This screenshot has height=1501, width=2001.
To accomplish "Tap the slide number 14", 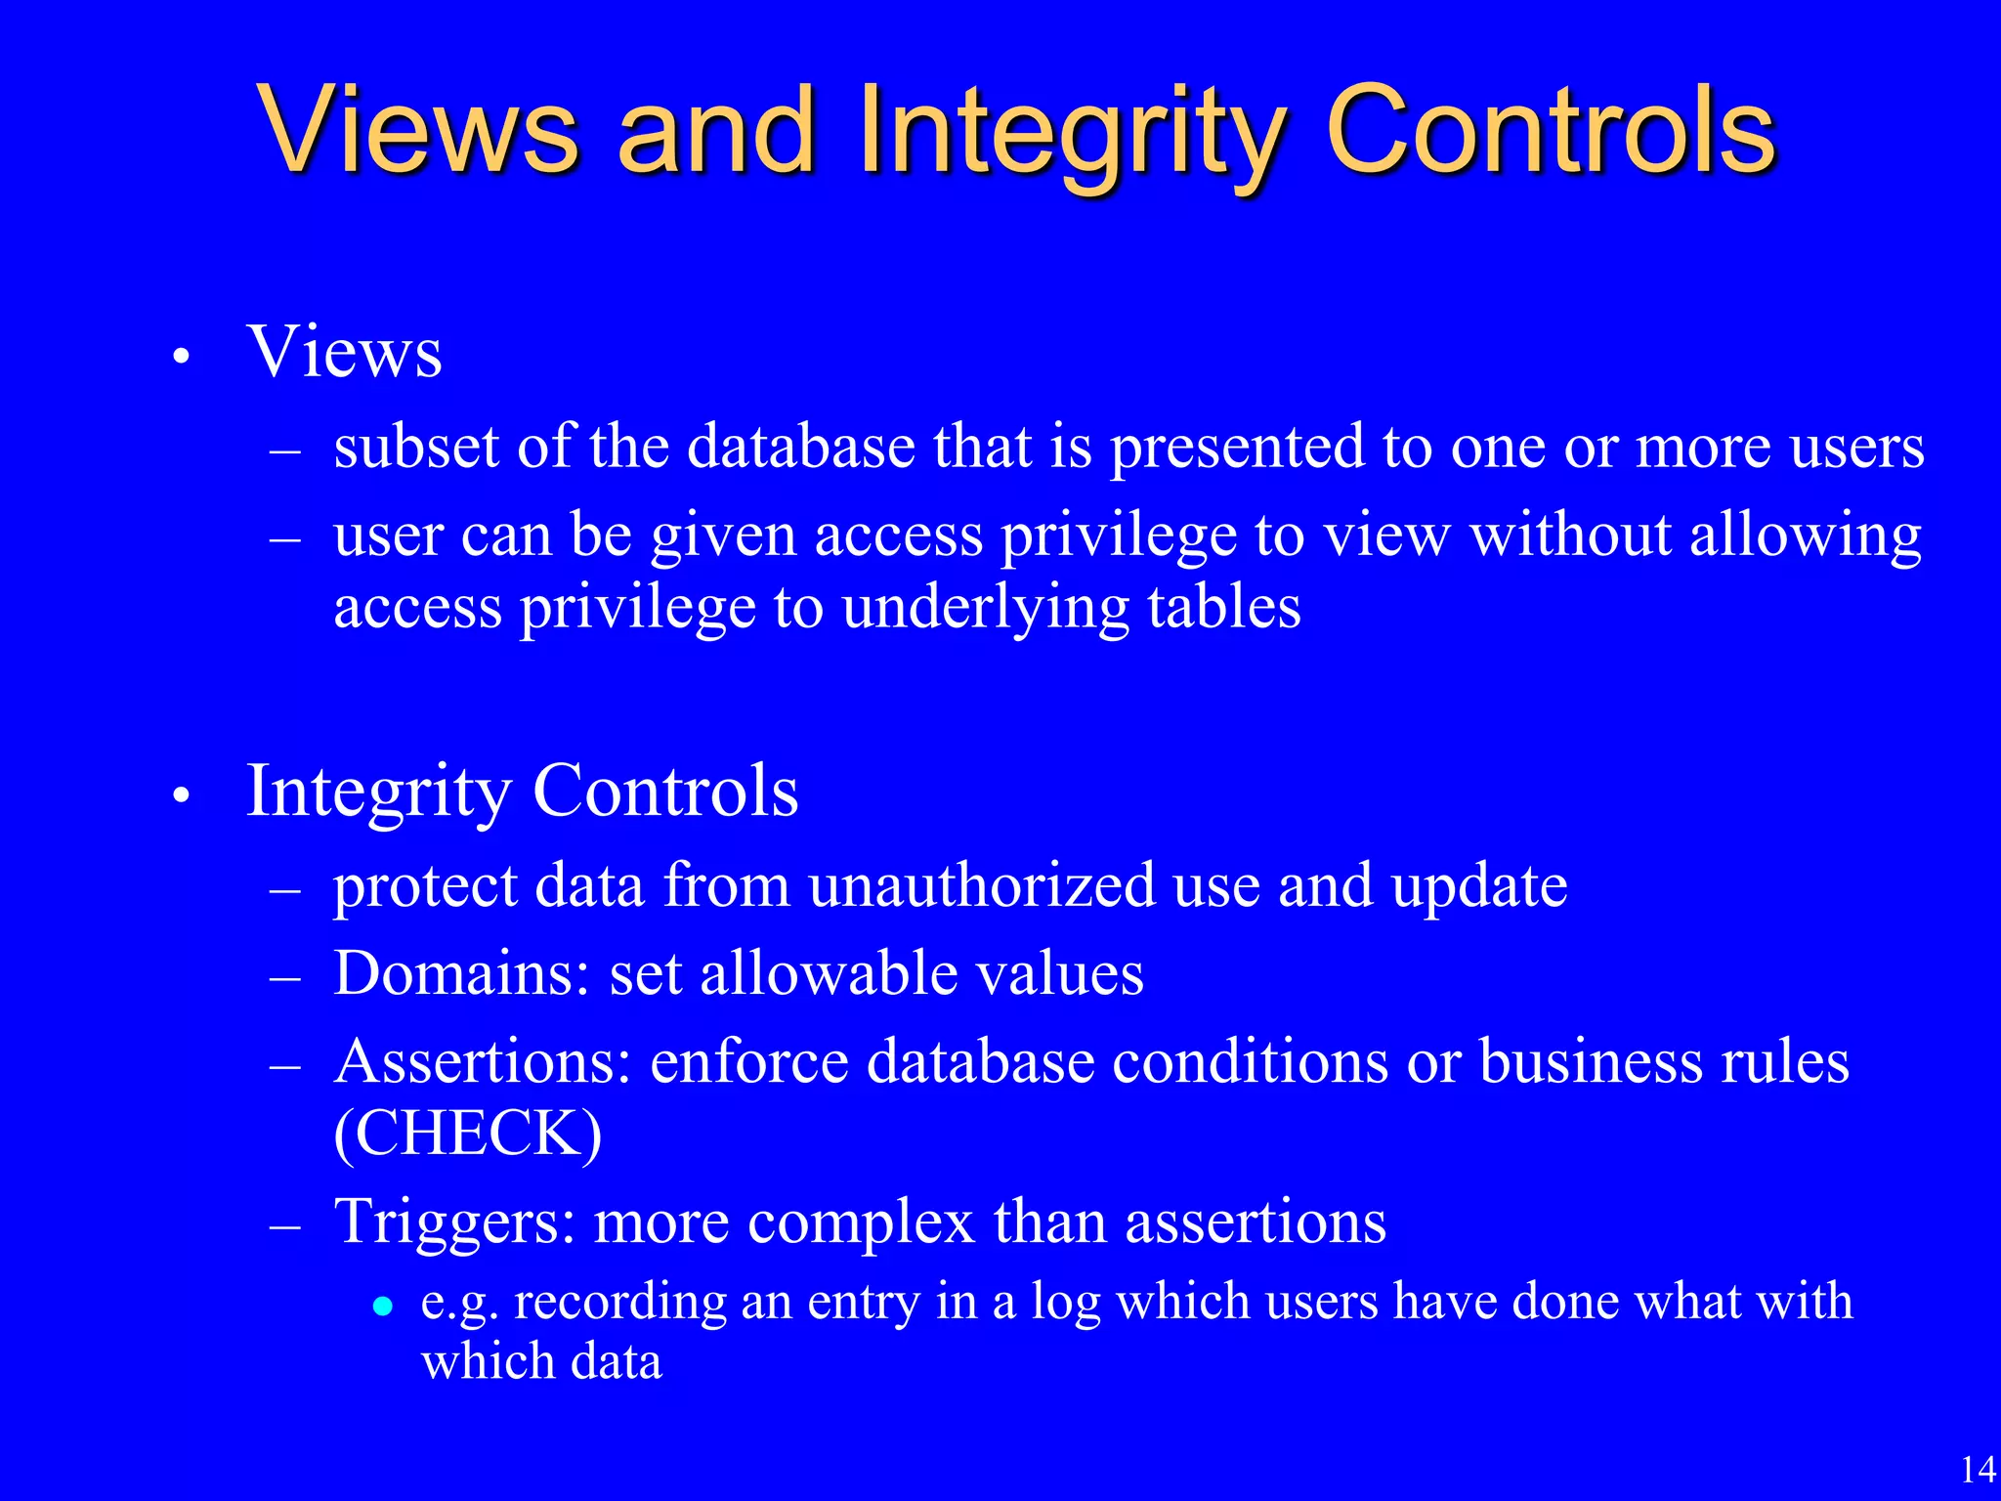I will point(1979,1469).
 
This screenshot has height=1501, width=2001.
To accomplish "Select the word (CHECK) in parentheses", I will point(467,1134).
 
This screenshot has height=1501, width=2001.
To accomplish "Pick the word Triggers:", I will point(454,1222).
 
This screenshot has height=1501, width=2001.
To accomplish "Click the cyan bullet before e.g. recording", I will point(383,1305).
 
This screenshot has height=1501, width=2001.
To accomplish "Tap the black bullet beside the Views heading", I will point(180,358).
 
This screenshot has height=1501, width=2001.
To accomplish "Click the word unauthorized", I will point(982,885).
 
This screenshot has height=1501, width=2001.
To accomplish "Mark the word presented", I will point(1237,449).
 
